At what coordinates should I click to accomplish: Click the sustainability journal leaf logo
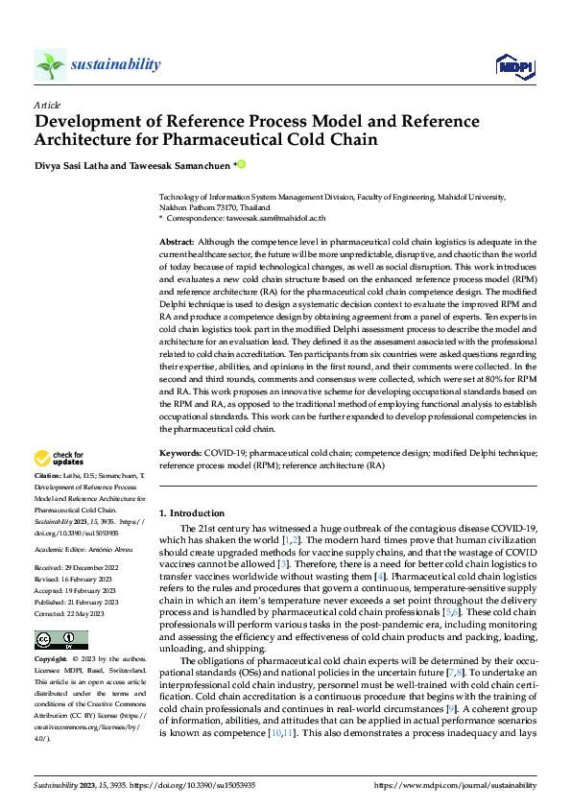(50, 64)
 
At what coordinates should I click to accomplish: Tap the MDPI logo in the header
(513, 64)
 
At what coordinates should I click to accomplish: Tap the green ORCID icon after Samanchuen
(242, 164)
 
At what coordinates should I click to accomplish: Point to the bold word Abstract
(177, 243)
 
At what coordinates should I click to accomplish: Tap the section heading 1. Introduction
(193, 513)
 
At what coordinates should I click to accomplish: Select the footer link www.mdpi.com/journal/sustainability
(455, 785)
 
